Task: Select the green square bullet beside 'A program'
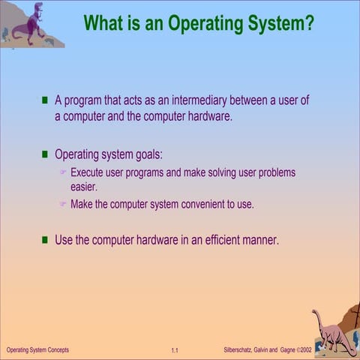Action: coord(45,100)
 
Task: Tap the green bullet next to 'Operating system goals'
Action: coord(45,154)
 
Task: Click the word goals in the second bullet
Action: coord(147,155)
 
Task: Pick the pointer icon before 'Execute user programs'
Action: coord(64,173)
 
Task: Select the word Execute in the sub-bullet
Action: coord(90,173)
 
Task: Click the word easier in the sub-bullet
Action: coord(84,187)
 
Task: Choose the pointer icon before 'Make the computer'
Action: coord(64,204)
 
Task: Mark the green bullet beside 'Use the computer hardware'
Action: coord(45,240)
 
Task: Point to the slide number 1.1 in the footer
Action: coord(174,351)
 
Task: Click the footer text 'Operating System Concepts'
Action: coord(37,350)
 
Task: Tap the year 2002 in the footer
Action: coord(305,350)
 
